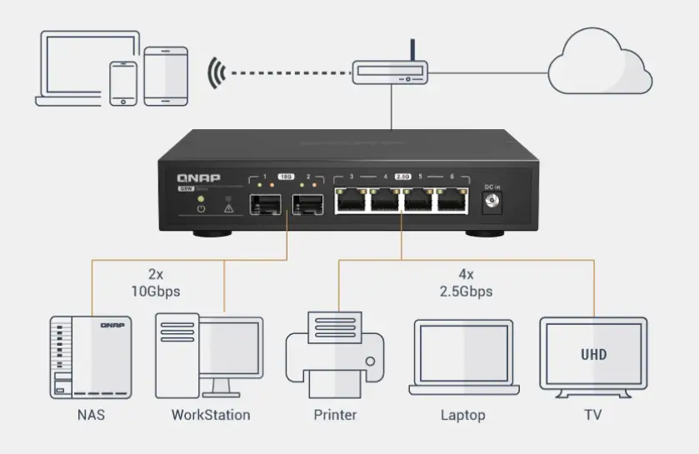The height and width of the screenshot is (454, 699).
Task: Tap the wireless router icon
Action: (x=390, y=72)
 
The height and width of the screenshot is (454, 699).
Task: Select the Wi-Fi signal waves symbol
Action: (x=217, y=72)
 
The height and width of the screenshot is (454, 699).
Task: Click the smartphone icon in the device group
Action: (x=124, y=82)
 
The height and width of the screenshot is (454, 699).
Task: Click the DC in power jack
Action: (x=492, y=203)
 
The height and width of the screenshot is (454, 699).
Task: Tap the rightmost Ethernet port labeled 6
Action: (x=451, y=201)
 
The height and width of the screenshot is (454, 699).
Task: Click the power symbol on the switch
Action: (x=200, y=207)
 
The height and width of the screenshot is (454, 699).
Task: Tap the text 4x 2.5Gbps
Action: (x=466, y=282)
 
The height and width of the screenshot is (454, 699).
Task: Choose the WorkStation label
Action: (x=210, y=414)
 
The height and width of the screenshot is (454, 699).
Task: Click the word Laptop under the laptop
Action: (x=462, y=414)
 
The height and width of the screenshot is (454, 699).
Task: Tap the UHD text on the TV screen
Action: (x=593, y=354)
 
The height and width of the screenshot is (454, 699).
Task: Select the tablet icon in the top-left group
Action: (x=166, y=75)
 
